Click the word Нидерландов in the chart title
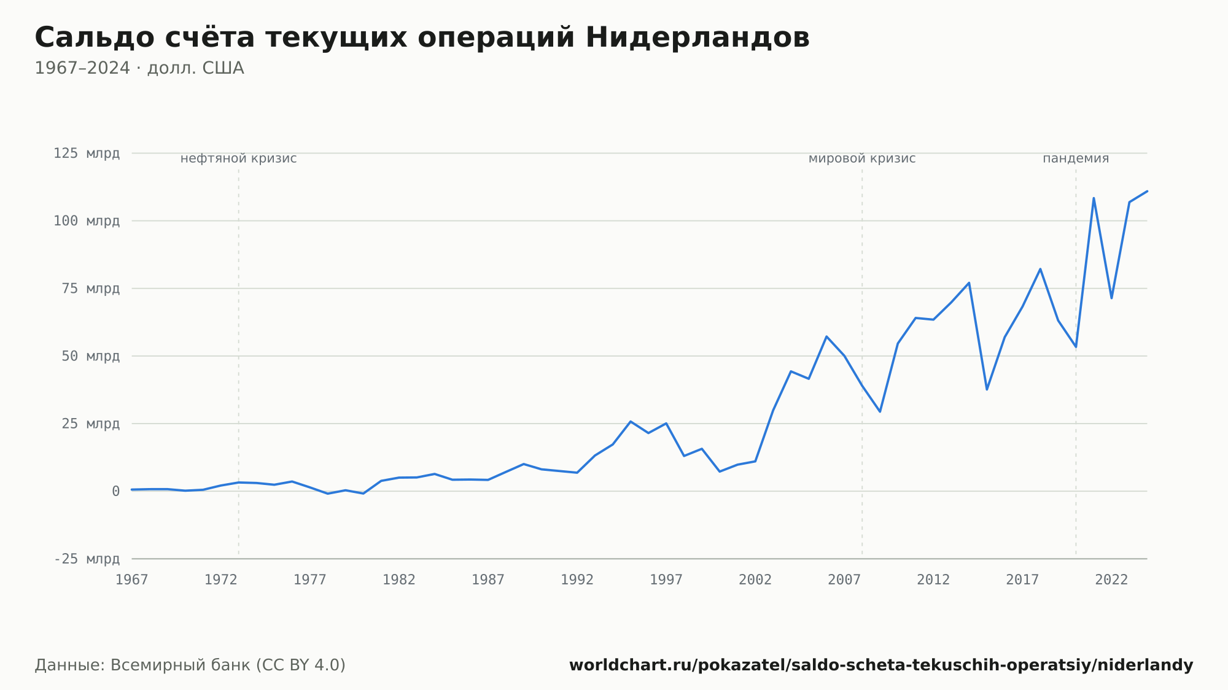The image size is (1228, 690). coord(698,37)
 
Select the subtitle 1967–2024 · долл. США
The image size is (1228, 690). coord(139,68)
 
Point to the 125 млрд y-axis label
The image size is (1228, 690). coord(87,153)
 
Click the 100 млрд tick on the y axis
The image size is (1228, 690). coord(87,221)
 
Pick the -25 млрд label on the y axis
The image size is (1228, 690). coord(87,559)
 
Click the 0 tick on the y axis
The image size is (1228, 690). coord(115,491)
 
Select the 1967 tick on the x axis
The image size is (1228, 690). coord(132,580)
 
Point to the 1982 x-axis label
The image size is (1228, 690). coord(399,580)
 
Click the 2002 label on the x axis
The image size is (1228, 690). coord(755,580)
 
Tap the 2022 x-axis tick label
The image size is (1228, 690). coord(1111,580)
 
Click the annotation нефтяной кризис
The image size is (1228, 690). coord(239,158)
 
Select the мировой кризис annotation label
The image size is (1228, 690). coord(862,158)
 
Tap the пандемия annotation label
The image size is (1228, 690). coord(1076,158)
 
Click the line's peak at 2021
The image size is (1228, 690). coord(1094,198)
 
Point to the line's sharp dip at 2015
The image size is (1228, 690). coord(987,389)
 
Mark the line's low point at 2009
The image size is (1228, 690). coord(880,411)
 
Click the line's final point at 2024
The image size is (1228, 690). coord(1147,191)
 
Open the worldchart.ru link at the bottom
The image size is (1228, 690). coord(881,665)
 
